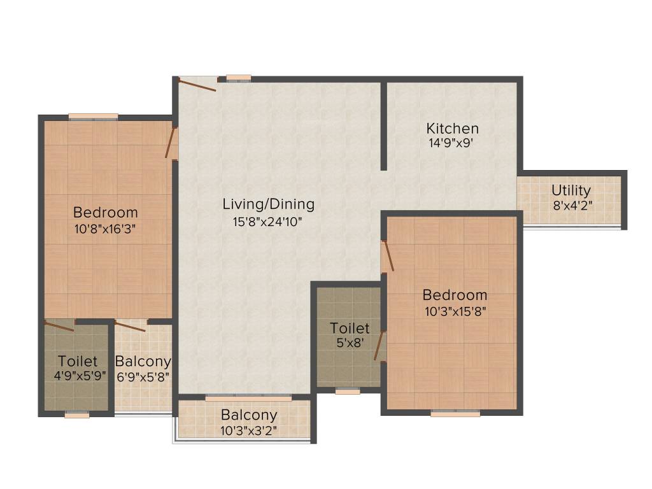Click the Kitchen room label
click(452, 129)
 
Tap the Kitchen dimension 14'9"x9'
click(452, 144)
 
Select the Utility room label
click(570, 190)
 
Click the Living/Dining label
click(268, 204)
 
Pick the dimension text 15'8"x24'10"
click(267, 222)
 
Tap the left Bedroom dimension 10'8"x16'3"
click(105, 228)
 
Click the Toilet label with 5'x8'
click(350, 329)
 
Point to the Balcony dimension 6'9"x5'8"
click(143, 376)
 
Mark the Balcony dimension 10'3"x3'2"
click(249, 430)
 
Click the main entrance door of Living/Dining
click(197, 84)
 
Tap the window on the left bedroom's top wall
click(93, 117)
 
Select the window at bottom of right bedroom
click(455, 413)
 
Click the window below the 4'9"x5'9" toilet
click(77, 415)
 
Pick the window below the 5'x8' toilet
click(348, 392)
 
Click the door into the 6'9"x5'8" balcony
click(131, 326)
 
